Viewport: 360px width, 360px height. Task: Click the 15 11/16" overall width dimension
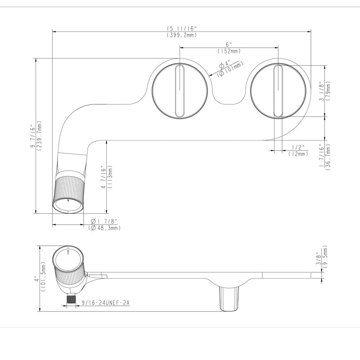[x=182, y=28]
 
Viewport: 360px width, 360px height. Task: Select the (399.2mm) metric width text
[x=182, y=35]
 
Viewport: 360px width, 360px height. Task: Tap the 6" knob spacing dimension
[x=229, y=44]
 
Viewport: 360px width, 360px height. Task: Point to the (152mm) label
[x=229, y=51]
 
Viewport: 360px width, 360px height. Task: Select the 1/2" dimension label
[x=298, y=147]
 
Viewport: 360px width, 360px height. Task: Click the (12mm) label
[x=298, y=154]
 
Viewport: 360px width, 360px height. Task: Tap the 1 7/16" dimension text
[x=321, y=156]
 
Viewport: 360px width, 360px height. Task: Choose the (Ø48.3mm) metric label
[x=104, y=228]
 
